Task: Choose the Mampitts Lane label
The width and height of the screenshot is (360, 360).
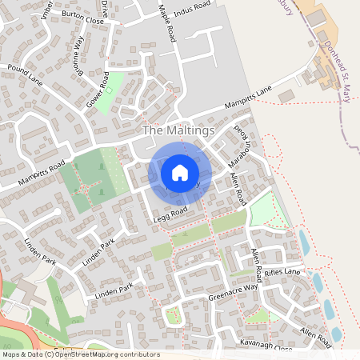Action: click(x=248, y=99)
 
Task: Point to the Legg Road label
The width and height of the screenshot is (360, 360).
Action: click(x=169, y=211)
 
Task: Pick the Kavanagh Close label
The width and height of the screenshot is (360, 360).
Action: click(x=266, y=342)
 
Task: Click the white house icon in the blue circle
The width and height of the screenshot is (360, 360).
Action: click(x=180, y=172)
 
